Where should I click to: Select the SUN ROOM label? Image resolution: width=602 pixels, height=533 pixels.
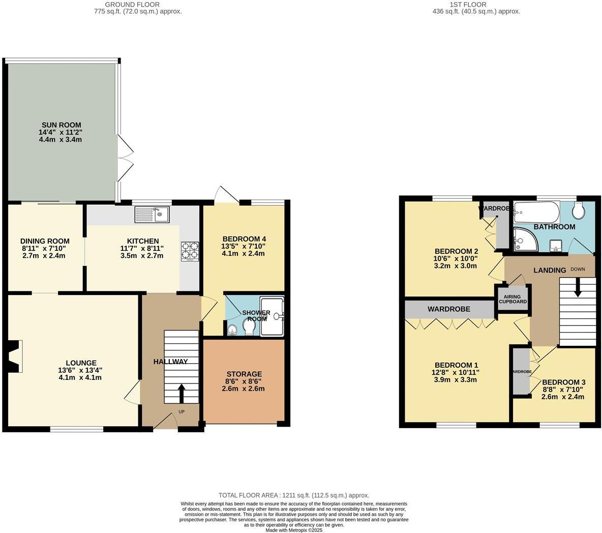(x=61, y=125)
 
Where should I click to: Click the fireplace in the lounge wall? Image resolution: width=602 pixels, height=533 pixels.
(x=14, y=357)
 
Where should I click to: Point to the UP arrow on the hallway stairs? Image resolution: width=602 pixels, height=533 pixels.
(x=181, y=393)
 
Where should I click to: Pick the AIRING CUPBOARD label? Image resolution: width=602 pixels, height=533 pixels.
(x=513, y=299)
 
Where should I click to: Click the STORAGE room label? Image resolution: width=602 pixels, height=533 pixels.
(x=244, y=374)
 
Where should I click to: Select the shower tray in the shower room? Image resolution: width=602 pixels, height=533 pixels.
(x=273, y=317)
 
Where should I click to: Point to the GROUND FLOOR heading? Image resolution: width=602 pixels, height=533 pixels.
(x=139, y=5)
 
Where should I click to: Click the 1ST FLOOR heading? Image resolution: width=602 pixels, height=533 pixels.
(x=468, y=5)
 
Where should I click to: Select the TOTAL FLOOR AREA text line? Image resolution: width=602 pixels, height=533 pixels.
(x=294, y=495)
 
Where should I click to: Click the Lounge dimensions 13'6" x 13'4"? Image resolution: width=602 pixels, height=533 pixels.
(x=80, y=370)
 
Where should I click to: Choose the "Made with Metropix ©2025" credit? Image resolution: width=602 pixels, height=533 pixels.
(x=294, y=530)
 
